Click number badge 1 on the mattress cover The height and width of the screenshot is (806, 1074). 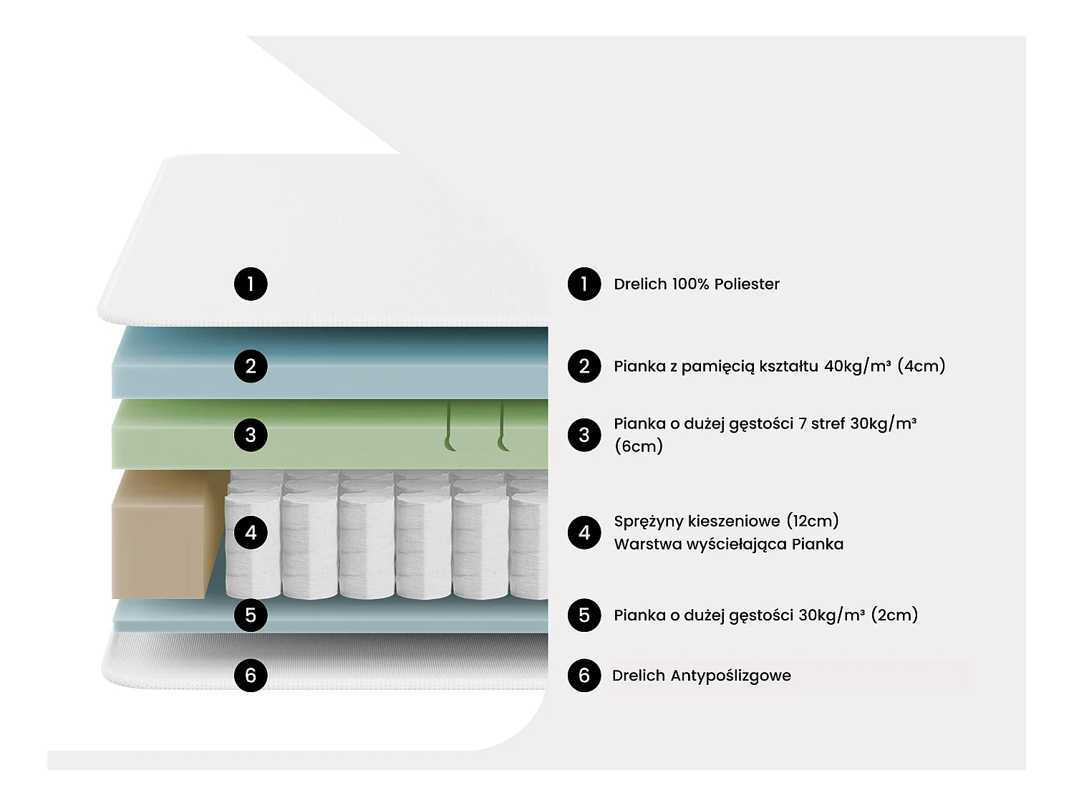(251, 284)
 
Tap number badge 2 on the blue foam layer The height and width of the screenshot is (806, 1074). (251, 366)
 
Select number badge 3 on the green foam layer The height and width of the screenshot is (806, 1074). (251, 435)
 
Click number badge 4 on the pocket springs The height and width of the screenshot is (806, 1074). (251, 532)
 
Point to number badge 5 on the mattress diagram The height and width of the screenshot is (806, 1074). (251, 615)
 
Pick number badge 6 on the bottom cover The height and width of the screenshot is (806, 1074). (251, 675)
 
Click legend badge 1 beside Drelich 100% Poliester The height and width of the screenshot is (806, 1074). (584, 284)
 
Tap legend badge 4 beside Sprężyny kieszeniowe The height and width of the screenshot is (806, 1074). (584, 532)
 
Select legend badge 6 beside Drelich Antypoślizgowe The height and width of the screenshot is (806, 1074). (584, 675)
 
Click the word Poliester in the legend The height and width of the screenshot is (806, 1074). (746, 284)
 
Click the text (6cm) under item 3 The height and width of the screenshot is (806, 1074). (639, 446)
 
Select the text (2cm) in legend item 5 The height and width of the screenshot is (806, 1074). (894, 615)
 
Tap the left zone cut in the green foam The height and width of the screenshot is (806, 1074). (450, 430)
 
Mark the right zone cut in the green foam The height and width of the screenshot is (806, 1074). (503, 430)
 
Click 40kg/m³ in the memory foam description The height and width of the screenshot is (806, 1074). (857, 366)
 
